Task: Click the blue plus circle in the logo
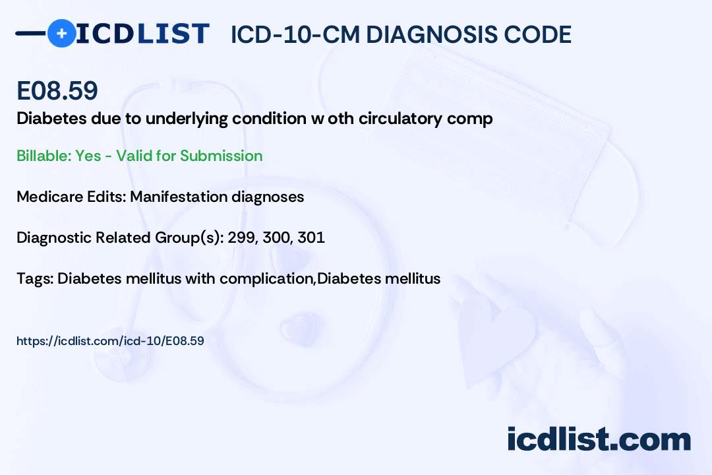coord(61,33)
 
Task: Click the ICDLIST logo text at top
coord(142,34)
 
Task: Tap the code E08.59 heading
coord(57,92)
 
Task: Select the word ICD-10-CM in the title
coord(295,35)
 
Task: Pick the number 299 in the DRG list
coord(241,237)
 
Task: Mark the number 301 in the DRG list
coord(311,237)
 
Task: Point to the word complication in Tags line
coord(266,278)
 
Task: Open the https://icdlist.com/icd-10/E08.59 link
coord(110,341)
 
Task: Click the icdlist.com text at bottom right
coord(599,439)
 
